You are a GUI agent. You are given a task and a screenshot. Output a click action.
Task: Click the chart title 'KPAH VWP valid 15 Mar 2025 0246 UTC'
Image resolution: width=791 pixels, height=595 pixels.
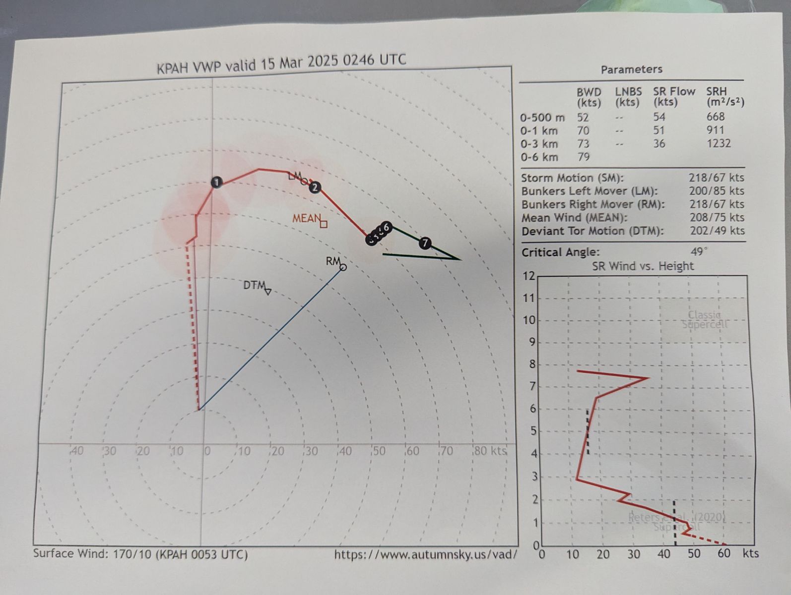pos(281,63)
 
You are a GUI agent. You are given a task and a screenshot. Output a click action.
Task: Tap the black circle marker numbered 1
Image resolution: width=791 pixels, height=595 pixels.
pos(216,182)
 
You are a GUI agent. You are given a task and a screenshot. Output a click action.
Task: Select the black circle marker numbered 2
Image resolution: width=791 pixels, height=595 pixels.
pos(315,187)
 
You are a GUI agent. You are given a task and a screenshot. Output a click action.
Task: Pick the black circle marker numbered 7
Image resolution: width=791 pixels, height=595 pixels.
pos(425,243)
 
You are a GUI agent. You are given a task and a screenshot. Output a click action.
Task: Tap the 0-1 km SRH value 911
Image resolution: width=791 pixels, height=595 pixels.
pos(715,130)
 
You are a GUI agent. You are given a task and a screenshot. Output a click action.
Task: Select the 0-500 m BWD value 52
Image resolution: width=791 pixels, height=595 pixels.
pos(583,117)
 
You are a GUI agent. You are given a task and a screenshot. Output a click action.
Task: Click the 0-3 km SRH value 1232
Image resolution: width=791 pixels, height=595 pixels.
pos(718,143)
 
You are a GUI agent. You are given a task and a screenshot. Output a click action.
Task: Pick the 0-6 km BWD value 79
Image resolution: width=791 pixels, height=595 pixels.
pos(584,157)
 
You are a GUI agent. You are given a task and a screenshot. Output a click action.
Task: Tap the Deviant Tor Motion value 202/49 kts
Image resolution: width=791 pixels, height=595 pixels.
pos(717,231)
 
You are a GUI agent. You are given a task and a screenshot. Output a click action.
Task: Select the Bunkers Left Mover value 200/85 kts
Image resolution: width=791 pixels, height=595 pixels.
pos(716,191)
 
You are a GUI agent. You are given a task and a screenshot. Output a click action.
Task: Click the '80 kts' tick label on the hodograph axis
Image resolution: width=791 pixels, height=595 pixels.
pos(490,451)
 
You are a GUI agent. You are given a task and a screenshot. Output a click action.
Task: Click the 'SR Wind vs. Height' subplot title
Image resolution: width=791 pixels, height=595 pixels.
pos(643,266)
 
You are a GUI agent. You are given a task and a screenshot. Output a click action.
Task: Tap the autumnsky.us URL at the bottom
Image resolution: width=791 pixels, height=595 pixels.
pos(425,554)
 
